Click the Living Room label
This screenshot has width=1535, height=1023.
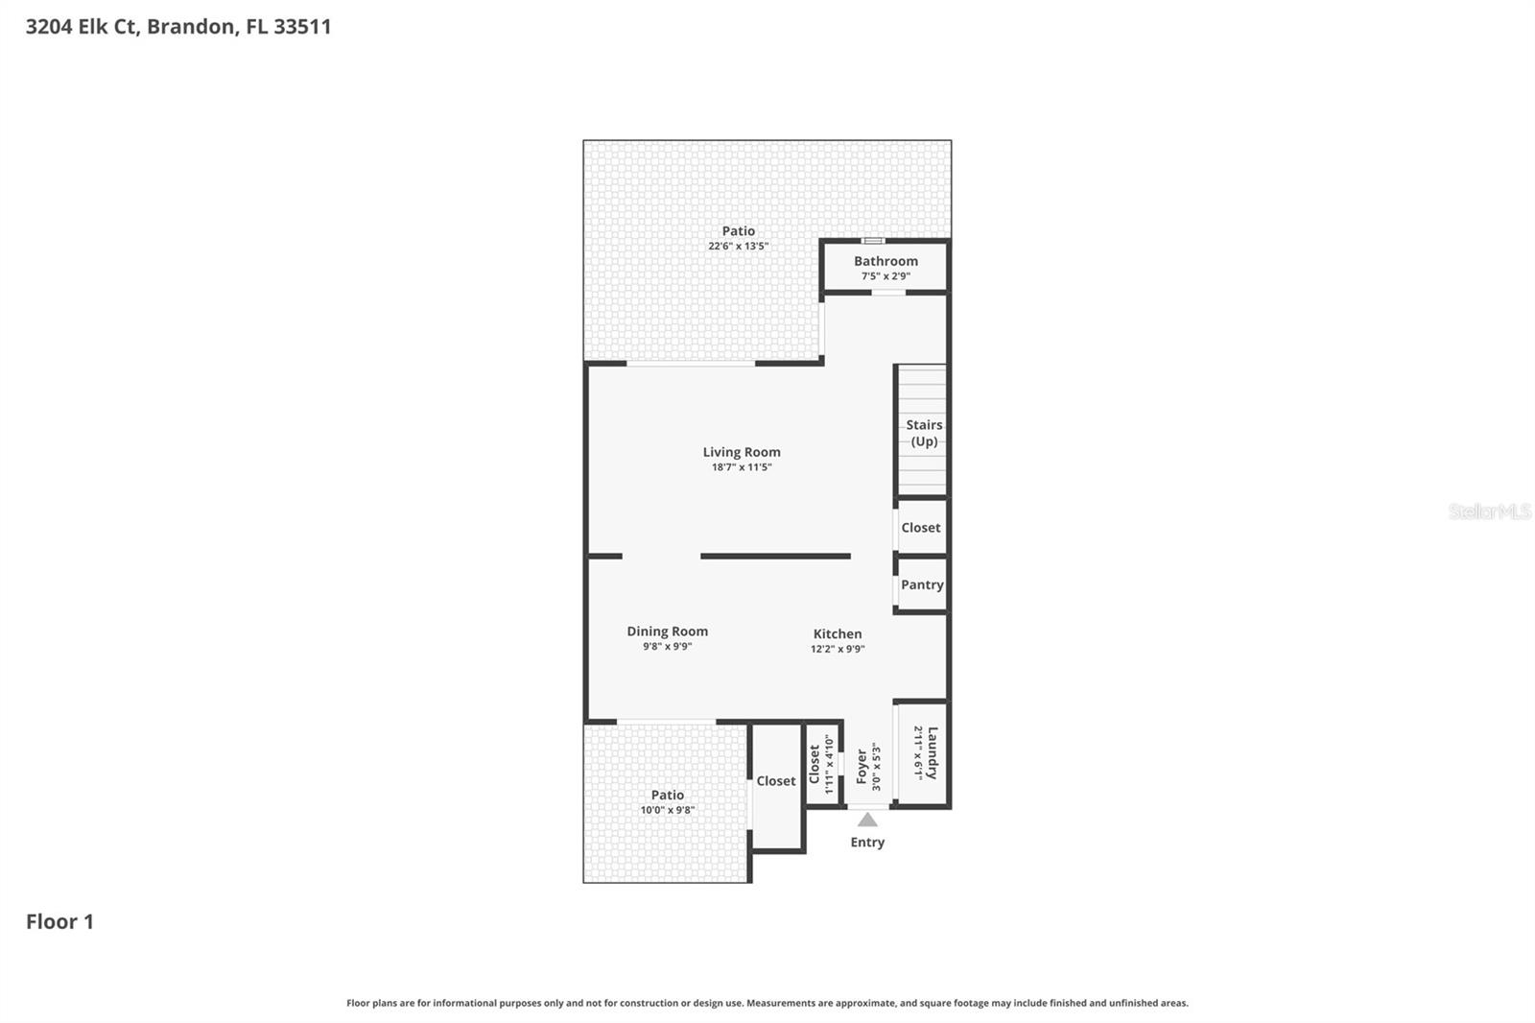tap(741, 452)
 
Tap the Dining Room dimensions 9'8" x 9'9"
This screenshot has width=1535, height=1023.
tap(667, 647)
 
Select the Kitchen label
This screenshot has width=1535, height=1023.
tap(837, 633)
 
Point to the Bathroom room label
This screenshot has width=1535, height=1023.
tap(886, 261)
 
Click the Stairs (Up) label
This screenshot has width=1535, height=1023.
tap(924, 433)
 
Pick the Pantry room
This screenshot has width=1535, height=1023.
tap(922, 584)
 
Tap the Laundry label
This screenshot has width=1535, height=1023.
tap(932, 752)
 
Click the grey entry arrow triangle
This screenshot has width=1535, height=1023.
tap(867, 820)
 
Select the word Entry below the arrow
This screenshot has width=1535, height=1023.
tap(867, 842)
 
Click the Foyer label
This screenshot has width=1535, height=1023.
tap(862, 766)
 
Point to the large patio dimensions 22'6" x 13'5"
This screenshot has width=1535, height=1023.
tap(738, 247)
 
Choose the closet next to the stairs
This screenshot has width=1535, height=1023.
tap(921, 528)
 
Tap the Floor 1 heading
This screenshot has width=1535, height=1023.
tap(59, 921)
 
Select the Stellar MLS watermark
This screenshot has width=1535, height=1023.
tap(1489, 511)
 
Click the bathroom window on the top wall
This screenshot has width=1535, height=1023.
tap(872, 241)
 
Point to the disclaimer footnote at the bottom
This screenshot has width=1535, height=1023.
tap(767, 1003)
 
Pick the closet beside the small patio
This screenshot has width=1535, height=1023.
tap(776, 781)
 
